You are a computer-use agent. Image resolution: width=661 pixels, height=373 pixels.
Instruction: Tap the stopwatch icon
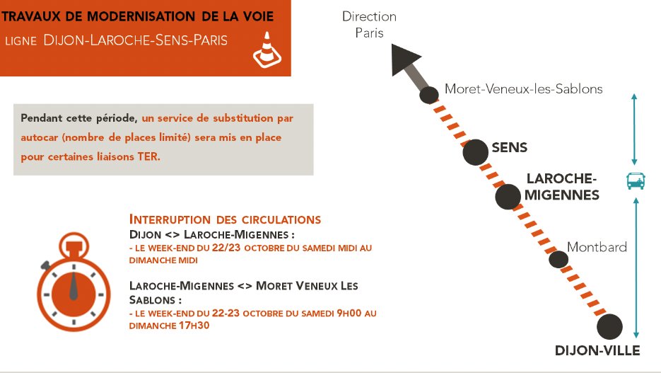click(x=74, y=282)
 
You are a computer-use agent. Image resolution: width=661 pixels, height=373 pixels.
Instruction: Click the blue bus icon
click(x=636, y=181)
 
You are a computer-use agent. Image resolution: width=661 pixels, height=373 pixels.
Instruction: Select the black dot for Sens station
click(x=475, y=152)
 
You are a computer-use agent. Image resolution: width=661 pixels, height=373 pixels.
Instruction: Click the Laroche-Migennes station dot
click(x=508, y=197)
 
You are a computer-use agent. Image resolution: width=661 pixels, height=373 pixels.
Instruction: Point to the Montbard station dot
click(x=558, y=260)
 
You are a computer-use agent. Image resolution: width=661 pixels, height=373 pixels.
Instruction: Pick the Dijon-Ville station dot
click(x=609, y=326)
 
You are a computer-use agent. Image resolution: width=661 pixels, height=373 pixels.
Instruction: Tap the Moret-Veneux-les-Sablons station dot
click(x=429, y=95)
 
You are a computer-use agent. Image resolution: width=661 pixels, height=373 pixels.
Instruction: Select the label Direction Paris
click(x=369, y=25)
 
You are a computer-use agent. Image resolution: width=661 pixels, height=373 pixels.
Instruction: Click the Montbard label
click(x=597, y=247)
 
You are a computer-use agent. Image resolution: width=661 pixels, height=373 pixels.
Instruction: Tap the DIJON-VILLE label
click(x=597, y=350)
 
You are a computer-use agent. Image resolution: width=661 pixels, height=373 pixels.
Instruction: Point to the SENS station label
click(x=509, y=148)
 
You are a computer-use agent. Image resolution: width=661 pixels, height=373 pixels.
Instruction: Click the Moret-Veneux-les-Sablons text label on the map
click(x=524, y=89)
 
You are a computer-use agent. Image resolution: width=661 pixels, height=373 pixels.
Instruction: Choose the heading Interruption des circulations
click(x=225, y=219)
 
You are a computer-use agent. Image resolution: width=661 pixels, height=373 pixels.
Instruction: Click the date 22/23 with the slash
click(x=226, y=248)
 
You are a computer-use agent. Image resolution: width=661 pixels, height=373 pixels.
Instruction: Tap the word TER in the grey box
click(x=148, y=156)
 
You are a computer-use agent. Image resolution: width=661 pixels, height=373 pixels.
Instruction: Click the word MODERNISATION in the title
click(x=141, y=17)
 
